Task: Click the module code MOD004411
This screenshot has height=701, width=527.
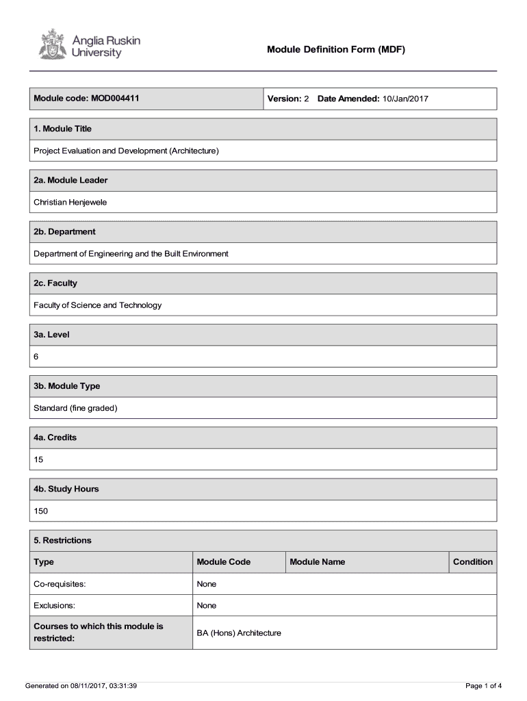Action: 114,99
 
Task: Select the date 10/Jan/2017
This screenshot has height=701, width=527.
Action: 405,99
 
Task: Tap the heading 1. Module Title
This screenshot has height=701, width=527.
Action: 62,129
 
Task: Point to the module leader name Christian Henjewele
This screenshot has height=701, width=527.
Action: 70,202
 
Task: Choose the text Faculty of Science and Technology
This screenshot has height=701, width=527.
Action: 98,305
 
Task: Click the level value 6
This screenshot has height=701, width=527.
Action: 37,356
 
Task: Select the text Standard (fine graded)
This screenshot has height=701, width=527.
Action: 76,408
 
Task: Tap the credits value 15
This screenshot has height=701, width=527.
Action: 38,459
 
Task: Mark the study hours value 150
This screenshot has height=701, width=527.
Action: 41,511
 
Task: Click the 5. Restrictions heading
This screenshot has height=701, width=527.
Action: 62,540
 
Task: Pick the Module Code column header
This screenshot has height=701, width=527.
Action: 223,562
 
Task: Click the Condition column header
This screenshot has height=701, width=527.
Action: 472,562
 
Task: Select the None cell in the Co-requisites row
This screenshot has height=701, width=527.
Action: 206,584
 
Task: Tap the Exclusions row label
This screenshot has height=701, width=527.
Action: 54,605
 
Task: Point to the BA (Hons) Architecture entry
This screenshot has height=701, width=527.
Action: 239,633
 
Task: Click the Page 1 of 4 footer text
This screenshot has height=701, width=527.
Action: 483,685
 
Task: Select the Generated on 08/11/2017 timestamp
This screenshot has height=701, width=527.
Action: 81,685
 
